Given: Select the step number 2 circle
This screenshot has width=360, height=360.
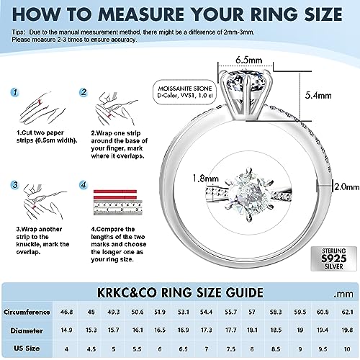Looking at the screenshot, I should click(84, 93).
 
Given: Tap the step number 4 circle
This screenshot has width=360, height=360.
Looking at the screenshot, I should click(84, 185).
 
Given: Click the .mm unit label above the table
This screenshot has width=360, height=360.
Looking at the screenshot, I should click(343, 294).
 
